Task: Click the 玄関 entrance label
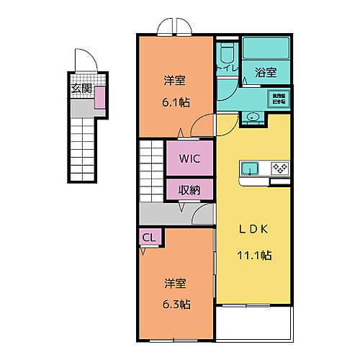point(81,89)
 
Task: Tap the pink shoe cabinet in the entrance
point(99,96)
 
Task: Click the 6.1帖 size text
point(176,102)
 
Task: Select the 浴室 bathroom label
point(266,72)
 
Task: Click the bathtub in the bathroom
point(265,50)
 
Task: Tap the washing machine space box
point(277,99)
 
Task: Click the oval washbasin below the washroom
point(253,117)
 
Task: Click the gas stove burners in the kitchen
point(279,168)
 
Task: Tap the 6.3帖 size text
point(176,304)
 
